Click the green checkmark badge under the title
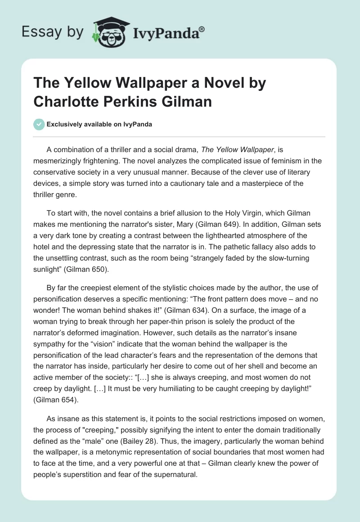(39, 124)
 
